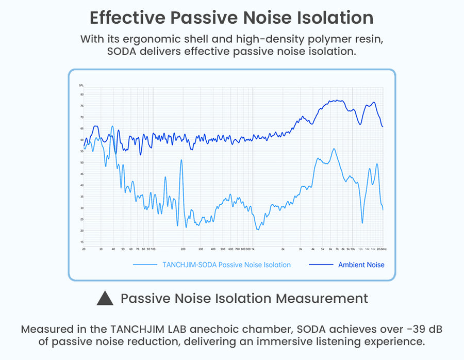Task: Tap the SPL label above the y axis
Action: point(81,85)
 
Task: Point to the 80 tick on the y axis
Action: point(81,94)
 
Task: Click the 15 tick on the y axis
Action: point(81,241)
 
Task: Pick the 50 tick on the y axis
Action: point(81,162)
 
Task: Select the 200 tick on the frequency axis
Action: point(183,249)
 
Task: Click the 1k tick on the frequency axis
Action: point(254,249)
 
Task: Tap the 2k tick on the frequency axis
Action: point(283,249)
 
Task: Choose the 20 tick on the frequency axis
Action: point(84,249)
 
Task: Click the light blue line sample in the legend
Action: point(145,265)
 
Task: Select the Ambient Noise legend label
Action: point(361,265)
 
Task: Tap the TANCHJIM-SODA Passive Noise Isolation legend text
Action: point(226,265)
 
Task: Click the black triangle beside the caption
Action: point(105,298)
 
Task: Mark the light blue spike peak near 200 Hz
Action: point(181,160)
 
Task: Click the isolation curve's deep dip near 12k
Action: point(362,223)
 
